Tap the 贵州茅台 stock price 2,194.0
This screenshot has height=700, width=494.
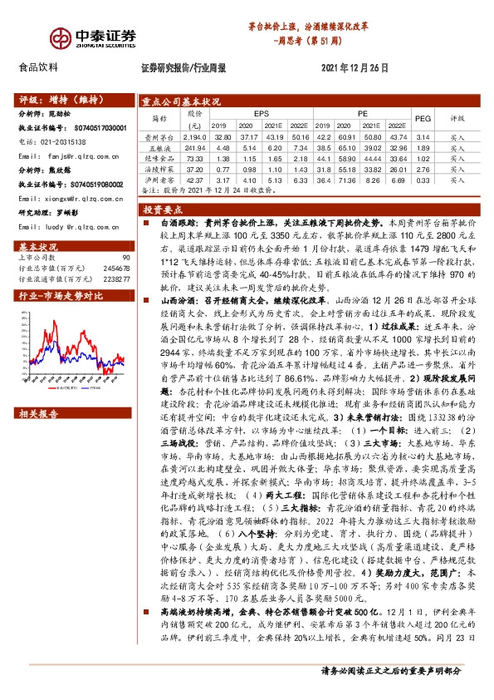(194, 136)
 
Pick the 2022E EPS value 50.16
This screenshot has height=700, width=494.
(300, 136)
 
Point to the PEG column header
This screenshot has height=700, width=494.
(422, 119)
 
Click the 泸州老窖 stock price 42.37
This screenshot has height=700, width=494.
(194, 179)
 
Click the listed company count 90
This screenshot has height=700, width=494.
(126, 258)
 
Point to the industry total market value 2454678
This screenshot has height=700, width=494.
(115, 269)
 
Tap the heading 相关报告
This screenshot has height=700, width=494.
(37, 413)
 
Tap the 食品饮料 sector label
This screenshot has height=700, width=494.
(38, 68)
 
